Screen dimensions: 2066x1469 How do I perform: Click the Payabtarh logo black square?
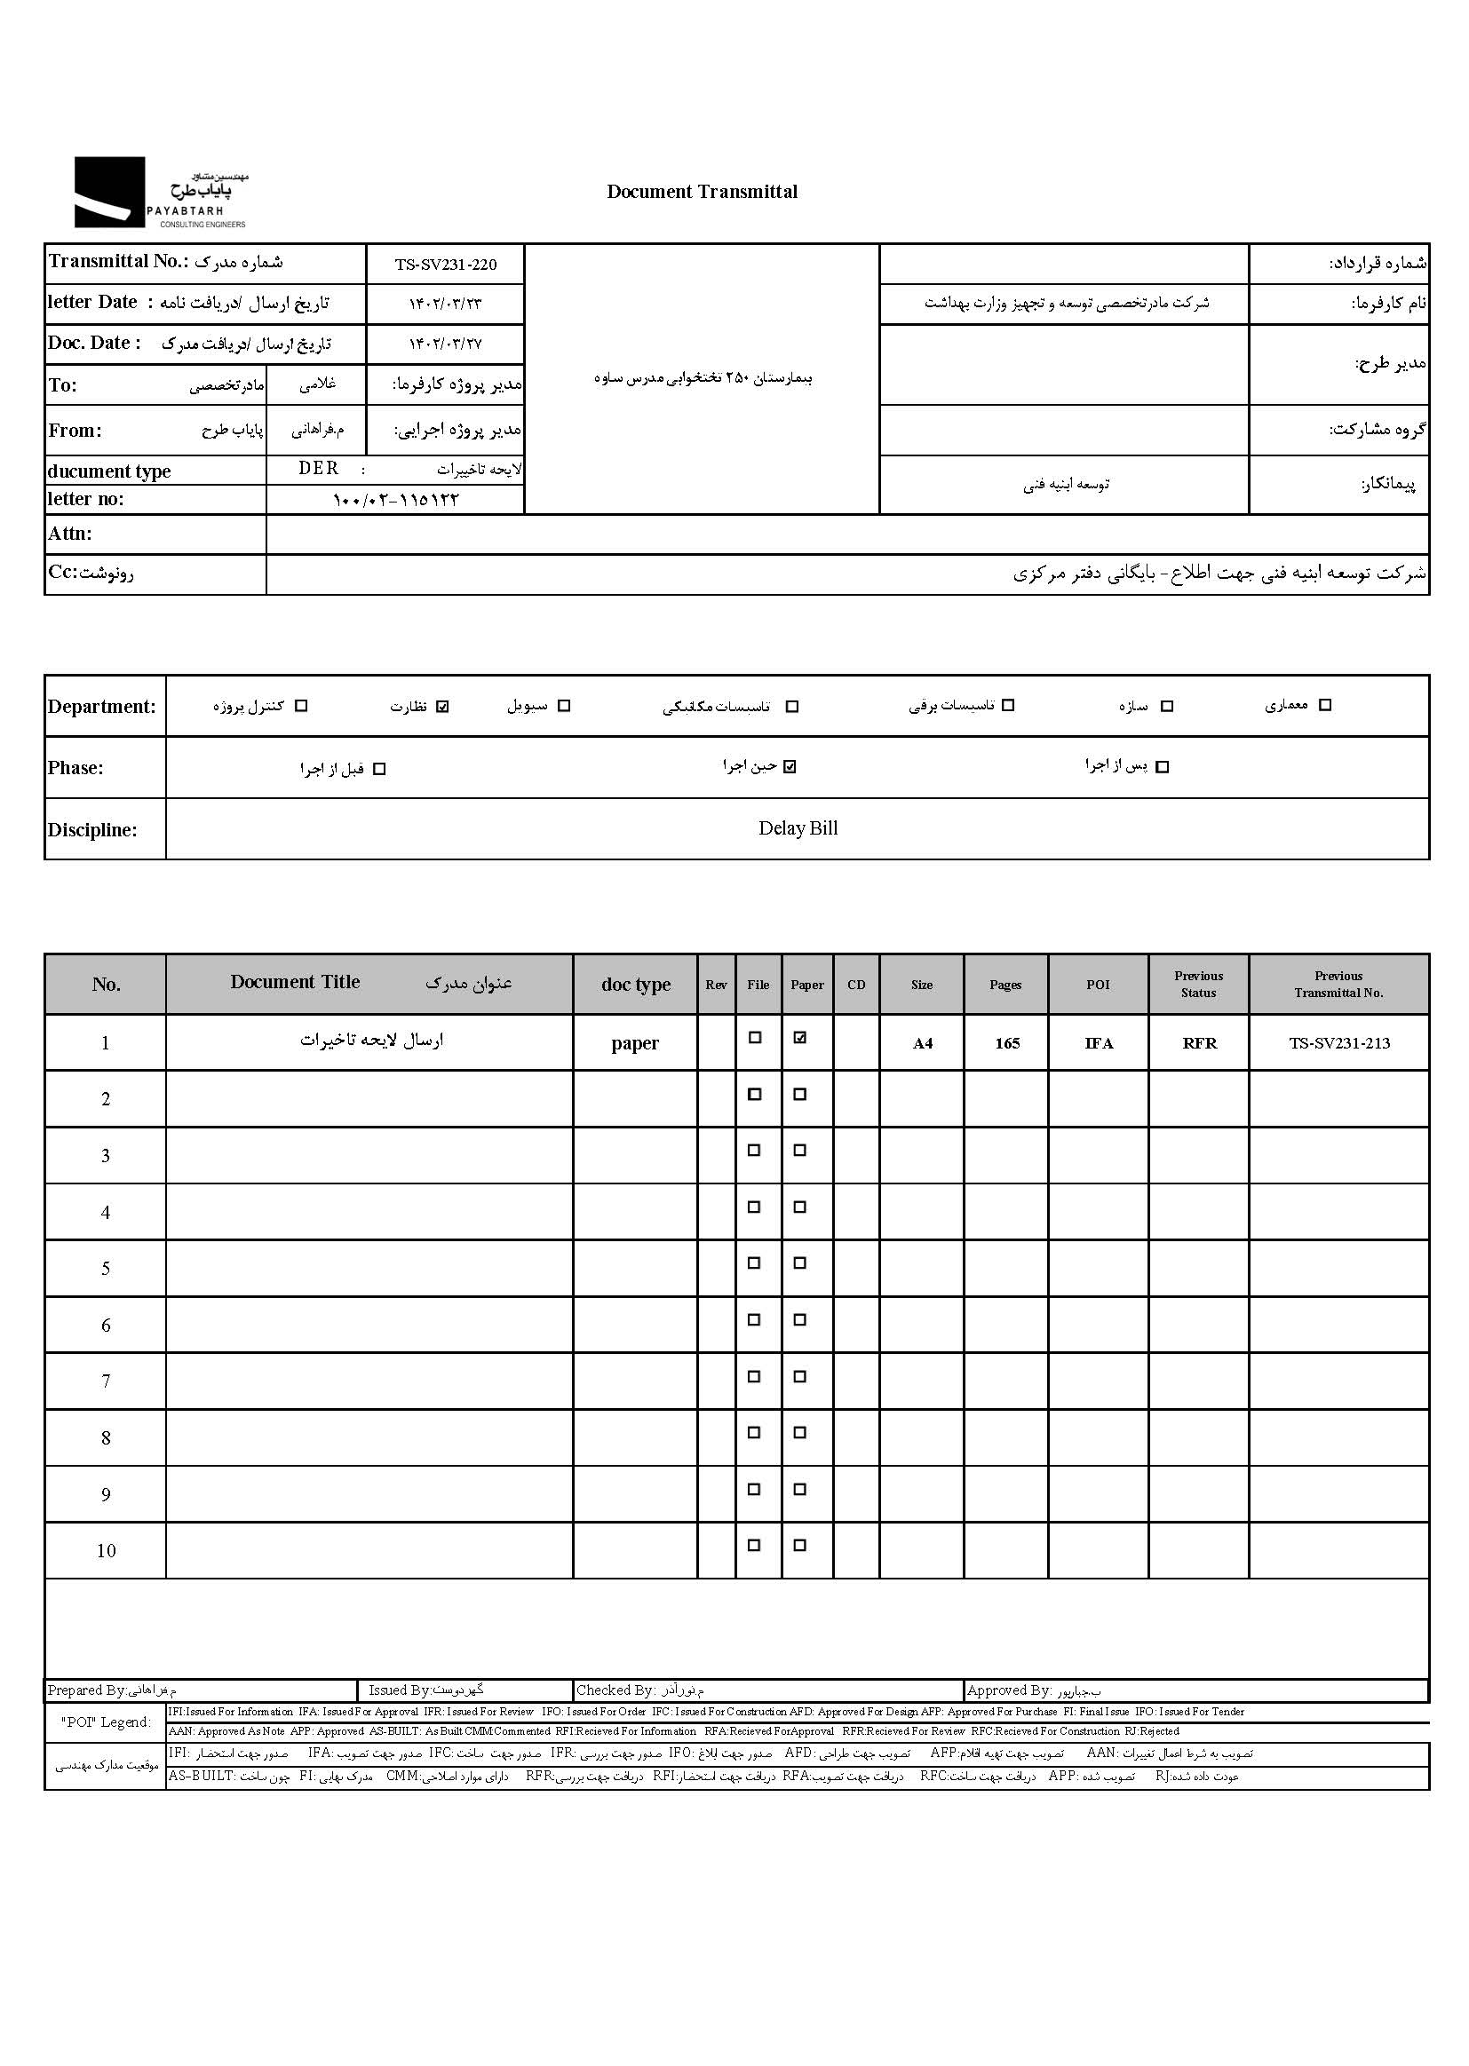pyautogui.click(x=108, y=192)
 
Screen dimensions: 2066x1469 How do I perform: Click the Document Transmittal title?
pyautogui.click(x=702, y=192)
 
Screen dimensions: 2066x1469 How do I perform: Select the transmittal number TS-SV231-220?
pyautogui.click(x=445, y=265)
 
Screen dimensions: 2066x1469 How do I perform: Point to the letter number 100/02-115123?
pyautogui.click(x=395, y=500)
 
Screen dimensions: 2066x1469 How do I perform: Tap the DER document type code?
pyautogui.click(x=319, y=469)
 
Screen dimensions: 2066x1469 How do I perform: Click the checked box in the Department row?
pyautogui.click(x=442, y=706)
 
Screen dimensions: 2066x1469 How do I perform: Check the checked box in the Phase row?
pyautogui.click(x=790, y=767)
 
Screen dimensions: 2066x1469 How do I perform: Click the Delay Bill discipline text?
pyautogui.click(x=798, y=828)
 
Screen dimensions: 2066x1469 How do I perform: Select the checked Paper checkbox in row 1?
pyautogui.click(x=799, y=1038)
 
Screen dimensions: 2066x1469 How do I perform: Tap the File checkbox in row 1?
pyautogui.click(x=754, y=1038)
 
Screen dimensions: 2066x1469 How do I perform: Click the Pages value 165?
pyautogui.click(x=1007, y=1043)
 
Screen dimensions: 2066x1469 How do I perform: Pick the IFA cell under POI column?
pyautogui.click(x=1099, y=1043)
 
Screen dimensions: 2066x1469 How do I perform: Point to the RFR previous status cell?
pyautogui.click(x=1199, y=1043)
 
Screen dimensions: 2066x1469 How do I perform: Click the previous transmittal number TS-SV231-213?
pyautogui.click(x=1338, y=1043)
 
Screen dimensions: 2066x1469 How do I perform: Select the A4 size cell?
pyautogui.click(x=922, y=1043)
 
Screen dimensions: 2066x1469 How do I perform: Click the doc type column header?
pyautogui.click(x=636, y=985)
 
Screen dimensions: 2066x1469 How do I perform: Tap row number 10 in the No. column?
pyautogui.click(x=106, y=1551)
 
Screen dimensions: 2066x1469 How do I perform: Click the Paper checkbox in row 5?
pyautogui.click(x=799, y=1263)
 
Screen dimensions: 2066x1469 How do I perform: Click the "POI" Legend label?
pyautogui.click(x=106, y=1722)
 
